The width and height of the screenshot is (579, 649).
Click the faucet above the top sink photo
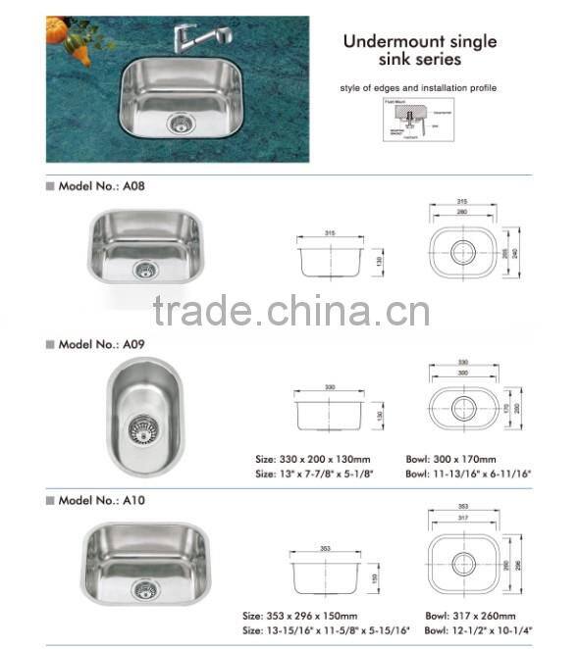point(199,38)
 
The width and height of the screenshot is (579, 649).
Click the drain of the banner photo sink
point(180,123)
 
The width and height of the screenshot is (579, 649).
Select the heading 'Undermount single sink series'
point(419,51)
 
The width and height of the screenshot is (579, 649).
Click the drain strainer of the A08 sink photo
point(144,269)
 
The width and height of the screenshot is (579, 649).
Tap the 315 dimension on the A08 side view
point(331,233)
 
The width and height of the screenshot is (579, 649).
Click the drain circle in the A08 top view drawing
point(462,252)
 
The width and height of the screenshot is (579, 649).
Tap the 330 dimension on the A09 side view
point(330,387)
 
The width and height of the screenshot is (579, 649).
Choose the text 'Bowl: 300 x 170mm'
point(450,459)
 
